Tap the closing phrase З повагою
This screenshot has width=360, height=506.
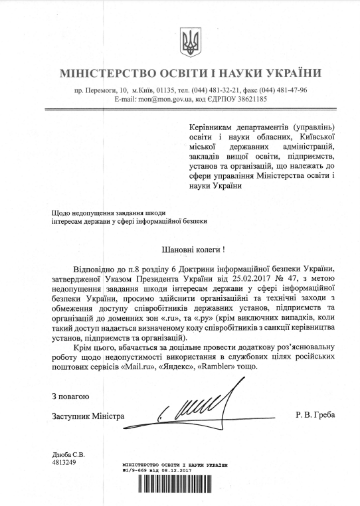click(70, 396)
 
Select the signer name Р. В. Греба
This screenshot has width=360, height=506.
click(316, 416)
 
